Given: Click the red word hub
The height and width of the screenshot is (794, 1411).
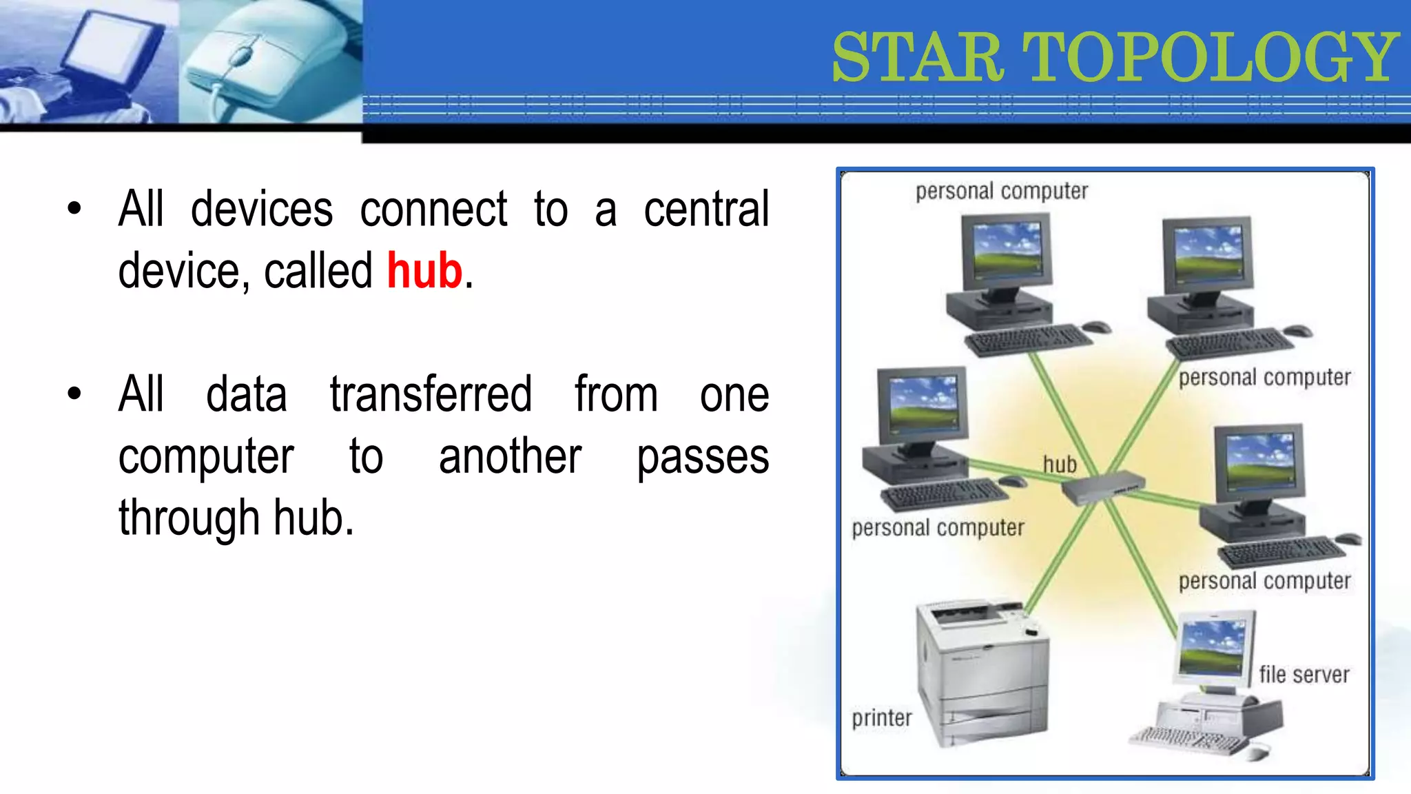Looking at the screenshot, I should coord(424,271).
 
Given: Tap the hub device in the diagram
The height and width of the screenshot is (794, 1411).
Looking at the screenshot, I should coord(1102,488).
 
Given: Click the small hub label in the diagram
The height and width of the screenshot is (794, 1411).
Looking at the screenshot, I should coord(1060,465).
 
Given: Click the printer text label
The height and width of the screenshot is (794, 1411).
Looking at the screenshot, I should coord(881,718).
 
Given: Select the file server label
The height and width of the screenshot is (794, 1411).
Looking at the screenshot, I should coord(1304,674).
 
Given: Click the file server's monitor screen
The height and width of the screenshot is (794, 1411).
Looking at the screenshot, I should coord(1213,647).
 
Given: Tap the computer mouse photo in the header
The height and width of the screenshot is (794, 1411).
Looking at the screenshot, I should coord(269,62).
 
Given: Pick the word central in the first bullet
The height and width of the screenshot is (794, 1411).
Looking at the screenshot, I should coord(706,210).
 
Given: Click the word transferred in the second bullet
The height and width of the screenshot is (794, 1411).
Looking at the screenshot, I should coord(431,394).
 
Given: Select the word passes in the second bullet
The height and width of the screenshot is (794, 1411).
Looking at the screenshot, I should coord(703,457).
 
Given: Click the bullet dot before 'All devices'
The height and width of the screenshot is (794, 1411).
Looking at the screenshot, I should coord(74,209).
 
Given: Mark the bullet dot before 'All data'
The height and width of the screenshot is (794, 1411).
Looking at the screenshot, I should coord(74,394).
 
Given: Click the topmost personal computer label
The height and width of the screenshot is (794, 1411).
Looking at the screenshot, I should coord(1002,191).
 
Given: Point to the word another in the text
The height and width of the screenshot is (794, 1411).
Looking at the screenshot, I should coord(510,457).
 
